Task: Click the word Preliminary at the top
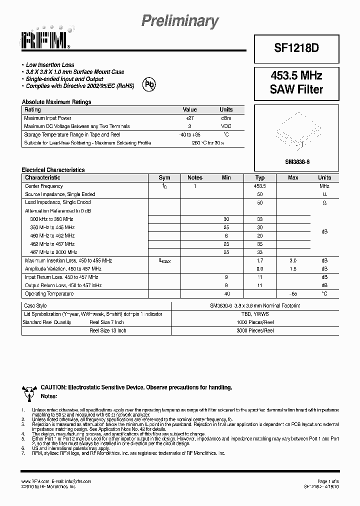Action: coord(180,21)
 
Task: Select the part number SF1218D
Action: coord(296,48)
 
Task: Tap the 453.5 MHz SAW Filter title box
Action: coord(296,83)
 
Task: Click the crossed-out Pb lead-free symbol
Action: coord(149,84)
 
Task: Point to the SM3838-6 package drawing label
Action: coord(297,161)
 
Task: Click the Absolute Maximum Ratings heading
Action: coord(56,102)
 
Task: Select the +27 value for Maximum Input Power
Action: coord(189,118)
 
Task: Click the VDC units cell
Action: coord(226,126)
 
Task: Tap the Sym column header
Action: coord(164,177)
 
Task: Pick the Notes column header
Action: coord(194,177)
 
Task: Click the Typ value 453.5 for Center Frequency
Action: coord(259,186)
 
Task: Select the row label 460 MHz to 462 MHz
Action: coord(52,235)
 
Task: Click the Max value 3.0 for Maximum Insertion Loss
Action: coord(293,260)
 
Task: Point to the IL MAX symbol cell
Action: coord(164,261)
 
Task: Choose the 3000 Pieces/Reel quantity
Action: coord(255,330)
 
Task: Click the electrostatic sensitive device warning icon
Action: coord(28,392)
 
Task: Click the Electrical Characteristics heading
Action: coord(53,170)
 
